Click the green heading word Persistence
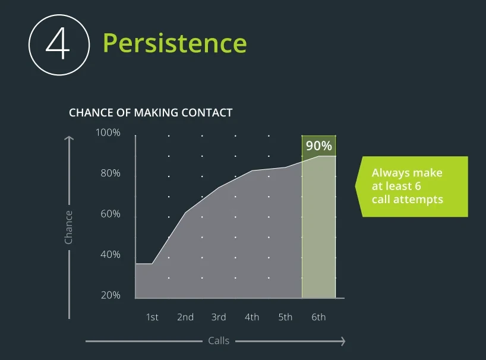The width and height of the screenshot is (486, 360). (175, 43)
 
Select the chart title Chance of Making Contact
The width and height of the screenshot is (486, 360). (151, 112)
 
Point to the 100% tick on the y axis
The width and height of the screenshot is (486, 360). (108, 132)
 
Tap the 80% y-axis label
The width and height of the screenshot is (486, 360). (111, 173)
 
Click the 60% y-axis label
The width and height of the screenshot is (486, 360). (111, 214)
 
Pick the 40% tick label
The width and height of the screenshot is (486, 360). (111, 254)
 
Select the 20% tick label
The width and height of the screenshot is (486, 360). (111, 295)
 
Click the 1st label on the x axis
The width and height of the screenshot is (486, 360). (152, 317)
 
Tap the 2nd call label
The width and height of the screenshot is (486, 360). (185, 317)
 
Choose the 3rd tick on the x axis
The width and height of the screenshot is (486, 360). (219, 317)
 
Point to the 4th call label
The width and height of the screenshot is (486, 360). (252, 317)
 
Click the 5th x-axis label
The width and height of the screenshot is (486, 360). (285, 317)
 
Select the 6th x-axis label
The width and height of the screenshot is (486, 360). (318, 317)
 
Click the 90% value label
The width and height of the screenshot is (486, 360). (319, 146)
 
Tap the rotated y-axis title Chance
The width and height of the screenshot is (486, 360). (68, 228)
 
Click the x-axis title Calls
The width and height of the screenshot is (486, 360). (219, 340)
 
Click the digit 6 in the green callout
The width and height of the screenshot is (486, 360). (418, 186)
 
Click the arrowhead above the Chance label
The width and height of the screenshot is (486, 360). (69, 138)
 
